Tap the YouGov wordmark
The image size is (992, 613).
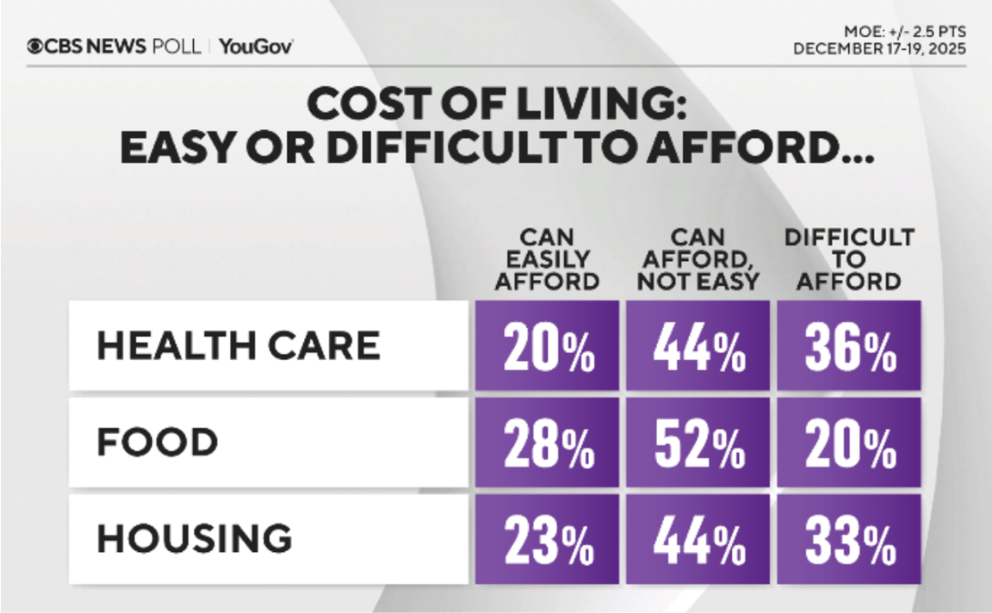[256, 46]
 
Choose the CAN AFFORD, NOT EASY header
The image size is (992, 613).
[697, 259]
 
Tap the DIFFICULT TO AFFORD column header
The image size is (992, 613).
[848, 259]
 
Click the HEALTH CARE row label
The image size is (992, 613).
[238, 346]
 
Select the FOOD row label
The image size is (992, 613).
[157, 443]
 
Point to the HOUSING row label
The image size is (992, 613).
[195, 539]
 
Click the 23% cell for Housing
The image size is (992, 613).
[546, 539]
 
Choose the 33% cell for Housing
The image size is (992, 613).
[849, 539]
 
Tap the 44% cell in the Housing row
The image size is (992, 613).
[697, 539]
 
